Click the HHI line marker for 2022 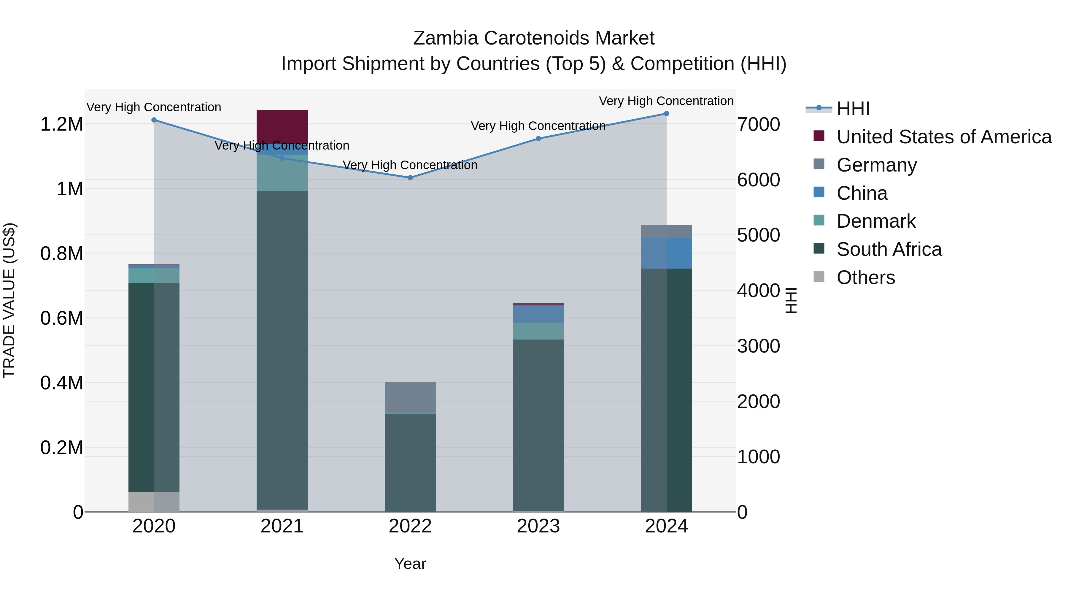(410, 177)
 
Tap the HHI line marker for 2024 (666, 114)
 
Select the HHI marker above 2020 (154, 120)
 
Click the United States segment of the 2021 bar (282, 126)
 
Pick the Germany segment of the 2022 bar (410, 397)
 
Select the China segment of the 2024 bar (666, 253)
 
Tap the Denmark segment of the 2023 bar (538, 331)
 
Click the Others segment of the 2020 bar (154, 502)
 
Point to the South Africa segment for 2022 (410, 462)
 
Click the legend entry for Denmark (876, 221)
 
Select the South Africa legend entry (889, 249)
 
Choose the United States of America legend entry (944, 137)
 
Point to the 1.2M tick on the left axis (61, 124)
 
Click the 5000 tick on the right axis (758, 235)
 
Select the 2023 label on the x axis (538, 526)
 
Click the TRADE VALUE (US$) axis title (9, 300)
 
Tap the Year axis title (410, 564)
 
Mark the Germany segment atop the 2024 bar (666, 231)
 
